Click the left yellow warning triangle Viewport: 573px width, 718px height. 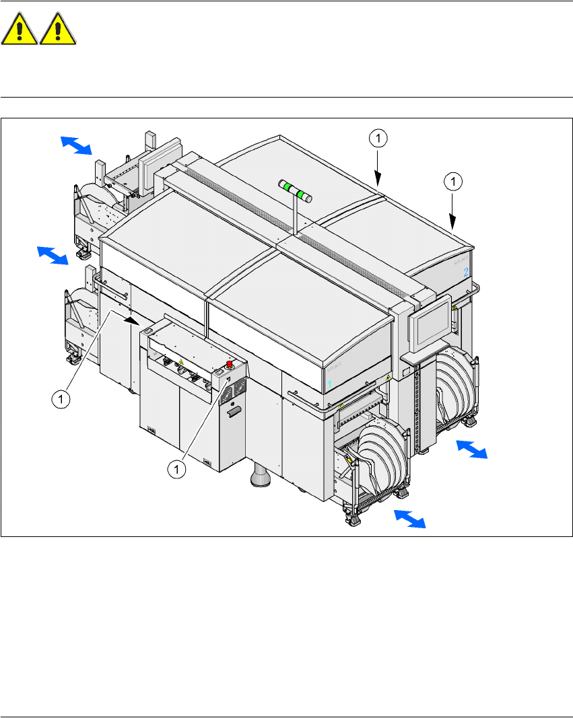point(20,31)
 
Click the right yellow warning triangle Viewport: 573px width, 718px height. point(58,31)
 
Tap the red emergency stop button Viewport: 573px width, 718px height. point(230,365)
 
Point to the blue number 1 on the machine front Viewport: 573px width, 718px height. point(330,384)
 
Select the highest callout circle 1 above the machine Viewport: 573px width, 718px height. point(378,139)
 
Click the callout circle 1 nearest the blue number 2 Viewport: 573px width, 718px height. point(454,180)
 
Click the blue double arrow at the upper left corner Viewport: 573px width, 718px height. point(76,144)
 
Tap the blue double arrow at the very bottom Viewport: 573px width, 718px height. point(410,519)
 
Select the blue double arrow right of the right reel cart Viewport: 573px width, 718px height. point(471,449)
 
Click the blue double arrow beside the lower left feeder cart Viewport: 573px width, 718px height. point(53,255)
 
